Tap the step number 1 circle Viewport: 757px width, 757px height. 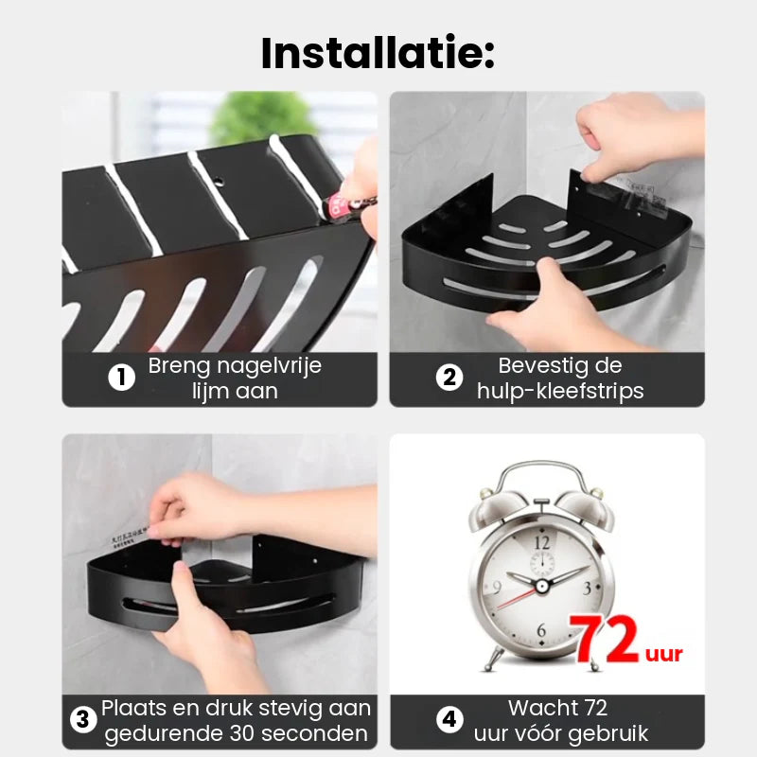pos(120,378)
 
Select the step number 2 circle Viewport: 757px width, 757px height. pos(449,378)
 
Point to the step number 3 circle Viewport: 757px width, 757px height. pos(84,721)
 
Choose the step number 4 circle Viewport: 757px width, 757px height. pos(449,721)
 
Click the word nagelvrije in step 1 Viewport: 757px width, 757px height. pos(268,366)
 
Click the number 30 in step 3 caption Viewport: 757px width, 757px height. pos(247,734)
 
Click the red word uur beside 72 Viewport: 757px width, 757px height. pos(664,653)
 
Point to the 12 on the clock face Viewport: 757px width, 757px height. pos(541,542)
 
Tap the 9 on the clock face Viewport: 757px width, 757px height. pos(496,587)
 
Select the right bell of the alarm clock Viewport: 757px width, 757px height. pos(586,489)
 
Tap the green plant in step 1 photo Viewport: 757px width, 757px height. pos(251,118)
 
